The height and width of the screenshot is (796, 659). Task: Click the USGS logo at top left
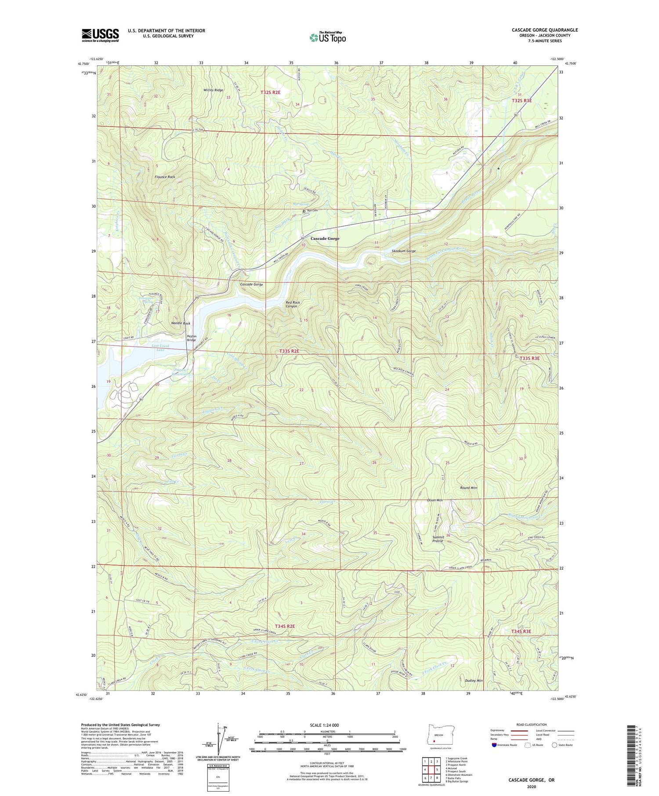[x=100, y=35]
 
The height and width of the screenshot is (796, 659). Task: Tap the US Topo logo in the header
[x=327, y=37]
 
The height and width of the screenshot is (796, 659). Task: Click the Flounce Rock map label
[x=165, y=177]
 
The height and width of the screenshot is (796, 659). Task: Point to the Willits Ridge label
[x=213, y=90]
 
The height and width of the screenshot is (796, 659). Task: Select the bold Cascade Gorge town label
[x=325, y=238]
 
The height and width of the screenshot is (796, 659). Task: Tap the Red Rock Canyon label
[x=293, y=304]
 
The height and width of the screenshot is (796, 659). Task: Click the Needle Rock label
[x=181, y=323]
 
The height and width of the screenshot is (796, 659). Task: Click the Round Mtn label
[x=468, y=488]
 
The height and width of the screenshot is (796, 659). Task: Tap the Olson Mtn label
[x=435, y=500]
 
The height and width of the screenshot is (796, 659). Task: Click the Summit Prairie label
[x=438, y=539]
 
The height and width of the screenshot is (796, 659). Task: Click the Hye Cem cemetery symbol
[x=304, y=211]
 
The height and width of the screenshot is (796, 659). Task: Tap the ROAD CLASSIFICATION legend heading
[x=532, y=724]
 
